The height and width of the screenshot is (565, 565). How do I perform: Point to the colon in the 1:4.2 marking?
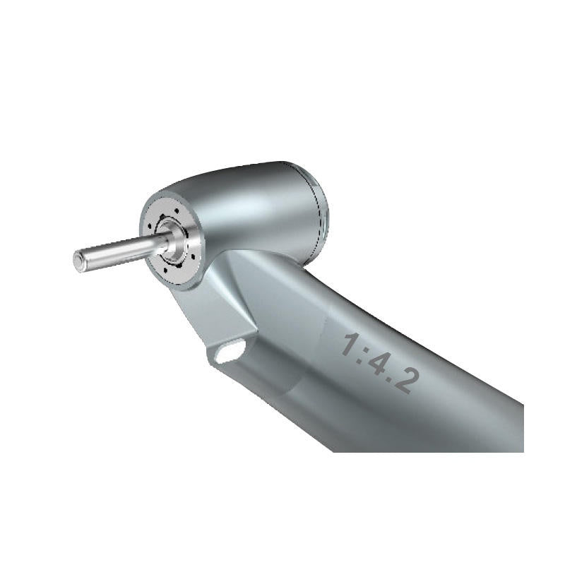pyautogui.click(x=364, y=350)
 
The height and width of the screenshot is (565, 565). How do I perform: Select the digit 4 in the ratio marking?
pyautogui.click(x=381, y=361)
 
